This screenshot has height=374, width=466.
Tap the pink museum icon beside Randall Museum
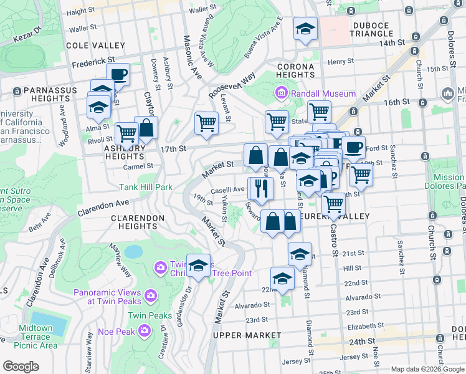click(280, 93)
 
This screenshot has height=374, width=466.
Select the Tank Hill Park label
click(146, 186)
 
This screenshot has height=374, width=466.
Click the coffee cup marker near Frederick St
click(118, 75)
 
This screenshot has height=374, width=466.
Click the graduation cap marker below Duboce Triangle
click(305, 29)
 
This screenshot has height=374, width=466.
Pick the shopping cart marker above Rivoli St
click(127, 132)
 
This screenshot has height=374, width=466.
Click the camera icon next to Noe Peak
click(145, 330)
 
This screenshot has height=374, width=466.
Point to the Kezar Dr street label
click(27, 37)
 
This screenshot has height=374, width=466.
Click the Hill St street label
click(352, 268)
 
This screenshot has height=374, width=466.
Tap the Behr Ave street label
click(43, 223)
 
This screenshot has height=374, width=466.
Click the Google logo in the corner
click(22, 367)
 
